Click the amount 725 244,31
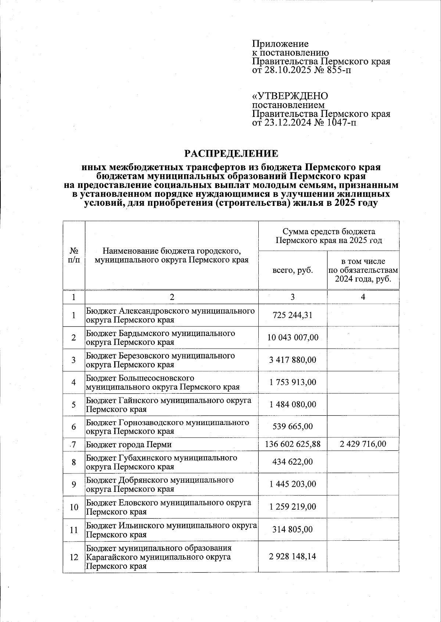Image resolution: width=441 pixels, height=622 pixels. click(293, 315)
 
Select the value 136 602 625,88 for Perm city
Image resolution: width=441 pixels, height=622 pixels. click(293, 444)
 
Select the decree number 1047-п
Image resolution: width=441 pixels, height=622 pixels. click(341, 122)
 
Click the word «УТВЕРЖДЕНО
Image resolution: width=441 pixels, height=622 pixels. click(290, 96)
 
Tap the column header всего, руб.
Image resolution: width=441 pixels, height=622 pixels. click(293, 271)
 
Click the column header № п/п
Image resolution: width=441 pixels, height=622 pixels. click(74, 255)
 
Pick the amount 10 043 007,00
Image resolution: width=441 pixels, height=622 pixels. click(293, 337)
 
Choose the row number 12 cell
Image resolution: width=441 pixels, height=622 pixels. click(74, 557)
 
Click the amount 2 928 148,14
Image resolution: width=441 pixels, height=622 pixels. click(293, 557)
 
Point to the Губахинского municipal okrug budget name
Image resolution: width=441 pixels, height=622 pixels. click(162, 462)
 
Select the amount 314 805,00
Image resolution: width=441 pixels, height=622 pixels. click(293, 529)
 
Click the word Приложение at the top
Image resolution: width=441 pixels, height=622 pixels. click(280, 44)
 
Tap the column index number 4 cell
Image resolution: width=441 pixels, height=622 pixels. click(363, 297)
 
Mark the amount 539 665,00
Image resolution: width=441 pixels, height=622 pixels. click(293, 426)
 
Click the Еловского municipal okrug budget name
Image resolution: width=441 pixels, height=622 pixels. click(169, 507)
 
